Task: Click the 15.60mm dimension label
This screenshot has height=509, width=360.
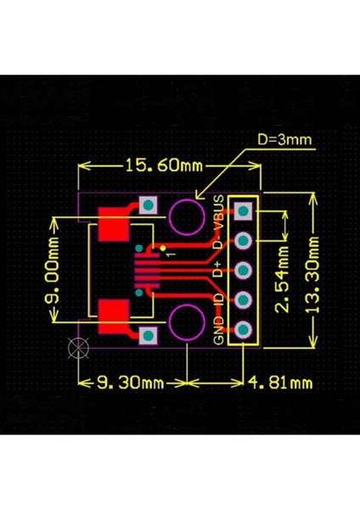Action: pyautogui.click(x=161, y=165)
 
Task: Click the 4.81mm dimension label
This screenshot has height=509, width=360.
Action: pyautogui.click(x=282, y=383)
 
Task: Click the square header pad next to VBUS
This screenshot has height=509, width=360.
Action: pyautogui.click(x=244, y=210)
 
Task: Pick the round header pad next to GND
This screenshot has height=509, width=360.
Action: pyautogui.click(x=244, y=331)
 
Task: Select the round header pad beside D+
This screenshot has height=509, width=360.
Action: pyautogui.click(x=244, y=271)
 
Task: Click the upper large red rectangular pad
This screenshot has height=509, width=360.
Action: pyautogui.click(x=113, y=226)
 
